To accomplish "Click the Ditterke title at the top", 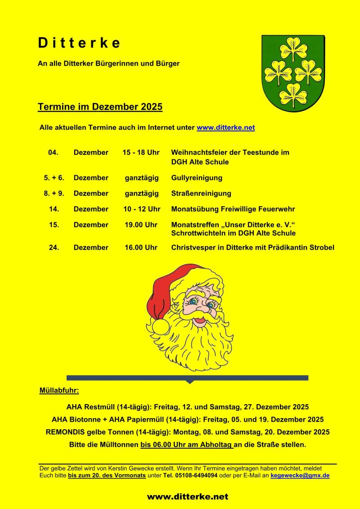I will click(x=79, y=43).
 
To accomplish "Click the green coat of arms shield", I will click(x=293, y=73).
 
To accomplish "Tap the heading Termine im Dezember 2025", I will click(x=100, y=107).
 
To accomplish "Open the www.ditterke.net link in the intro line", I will click(x=225, y=128).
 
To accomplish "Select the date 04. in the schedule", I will click(x=53, y=153).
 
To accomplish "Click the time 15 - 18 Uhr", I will click(x=141, y=153).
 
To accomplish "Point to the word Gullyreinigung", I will click(x=197, y=178).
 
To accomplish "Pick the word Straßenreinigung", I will click(x=201, y=194).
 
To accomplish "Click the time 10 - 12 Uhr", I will click(x=142, y=209).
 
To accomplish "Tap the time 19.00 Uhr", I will click(x=141, y=225).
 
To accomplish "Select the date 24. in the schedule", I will click(x=54, y=248).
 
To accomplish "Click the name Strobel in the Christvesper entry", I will click(x=321, y=248).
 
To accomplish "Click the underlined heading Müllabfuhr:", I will click(x=59, y=390).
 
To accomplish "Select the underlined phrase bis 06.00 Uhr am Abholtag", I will click(x=187, y=445).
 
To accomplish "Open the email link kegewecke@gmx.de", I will click(x=300, y=475).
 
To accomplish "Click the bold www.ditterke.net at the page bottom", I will click(x=187, y=497).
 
